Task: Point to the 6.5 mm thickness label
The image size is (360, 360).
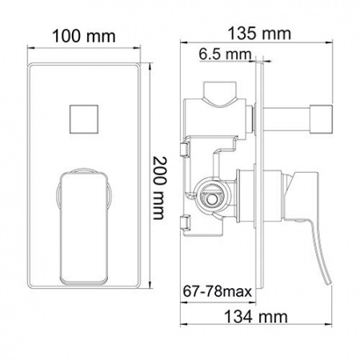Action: point(224,54)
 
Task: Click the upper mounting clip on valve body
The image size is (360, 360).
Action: point(186,150)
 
